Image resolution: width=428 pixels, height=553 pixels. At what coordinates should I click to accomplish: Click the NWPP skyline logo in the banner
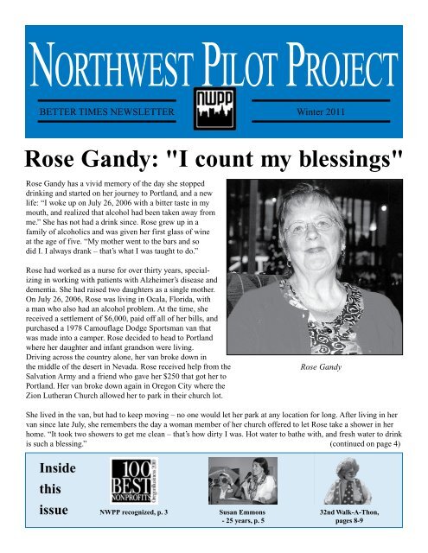(x=214, y=108)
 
